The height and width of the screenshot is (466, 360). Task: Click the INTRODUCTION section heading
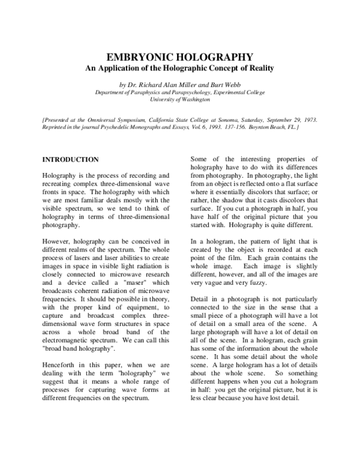[70, 160]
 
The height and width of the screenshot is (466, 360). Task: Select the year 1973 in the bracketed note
[307, 120]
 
